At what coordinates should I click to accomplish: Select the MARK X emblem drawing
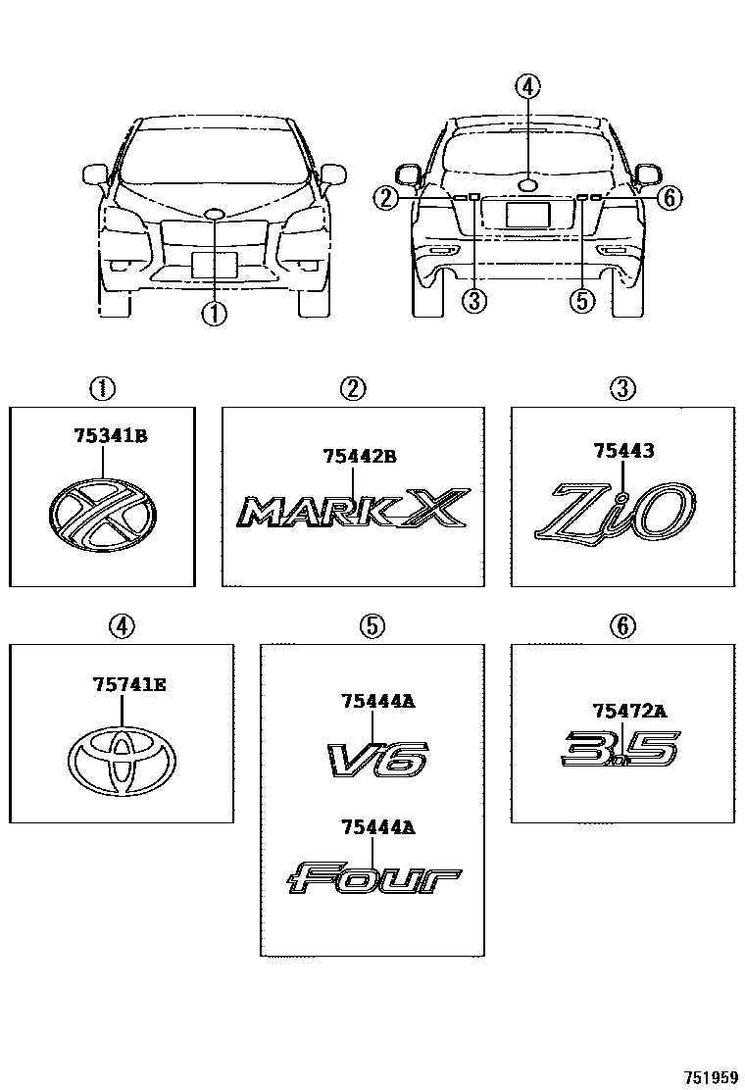point(351,510)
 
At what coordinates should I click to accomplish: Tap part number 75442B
point(359,455)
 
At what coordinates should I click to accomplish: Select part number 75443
point(622,450)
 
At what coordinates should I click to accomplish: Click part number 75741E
point(129,685)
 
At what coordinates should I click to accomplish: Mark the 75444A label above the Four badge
point(378,827)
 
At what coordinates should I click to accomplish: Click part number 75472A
point(629,712)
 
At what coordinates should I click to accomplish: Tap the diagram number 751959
point(711,1076)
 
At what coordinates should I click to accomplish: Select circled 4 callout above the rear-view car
point(527,86)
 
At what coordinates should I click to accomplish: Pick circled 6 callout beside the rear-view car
point(668,199)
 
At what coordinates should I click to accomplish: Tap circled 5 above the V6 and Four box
point(371,625)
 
